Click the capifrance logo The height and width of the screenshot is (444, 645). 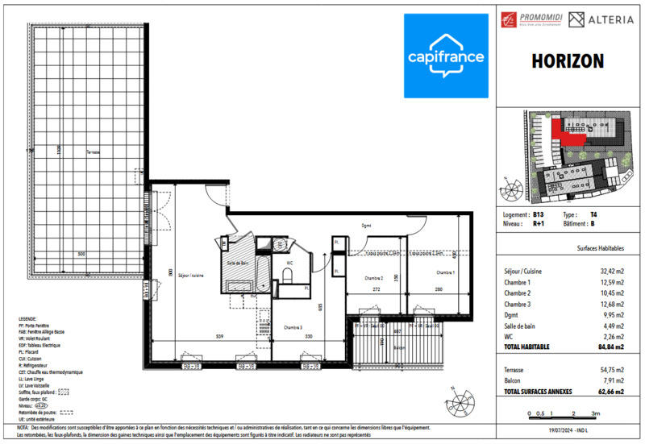click(445, 56)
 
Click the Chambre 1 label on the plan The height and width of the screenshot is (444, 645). click(446, 272)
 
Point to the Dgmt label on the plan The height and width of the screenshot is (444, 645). click(367, 226)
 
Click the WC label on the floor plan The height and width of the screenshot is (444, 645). click(288, 263)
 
